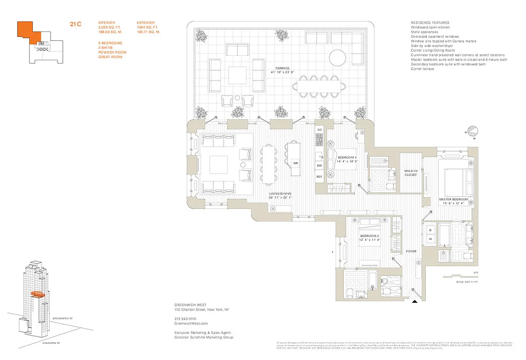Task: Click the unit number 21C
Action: point(75,24)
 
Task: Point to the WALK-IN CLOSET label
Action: point(410,172)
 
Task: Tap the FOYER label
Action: point(412,251)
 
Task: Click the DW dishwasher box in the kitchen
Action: point(319,166)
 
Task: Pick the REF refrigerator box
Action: point(319,177)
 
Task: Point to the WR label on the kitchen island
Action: point(296,163)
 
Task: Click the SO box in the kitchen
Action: point(319,130)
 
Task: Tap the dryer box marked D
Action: point(430,230)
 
